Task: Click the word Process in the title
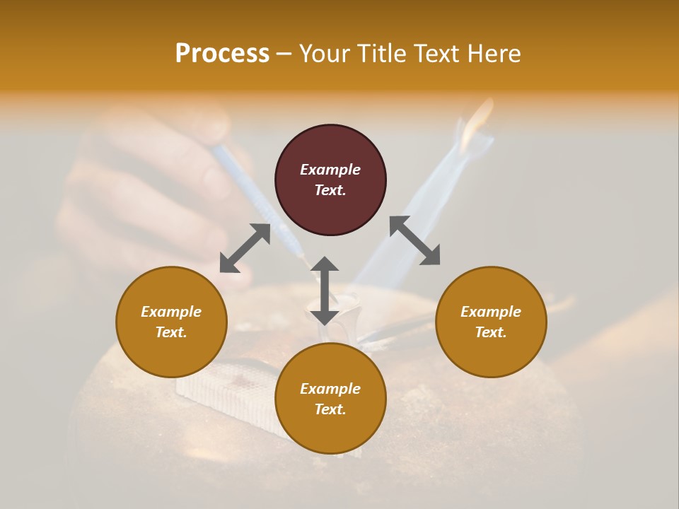[222, 54]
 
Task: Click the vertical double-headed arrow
[325, 291]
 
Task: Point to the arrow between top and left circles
[245, 248]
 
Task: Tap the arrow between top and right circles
[415, 240]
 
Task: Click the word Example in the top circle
[330, 170]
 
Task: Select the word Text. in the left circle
[171, 332]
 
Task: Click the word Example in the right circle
[491, 312]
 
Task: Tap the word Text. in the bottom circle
[330, 409]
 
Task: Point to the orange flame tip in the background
[482, 114]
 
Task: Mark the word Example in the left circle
[171, 312]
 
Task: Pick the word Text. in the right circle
[491, 332]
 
